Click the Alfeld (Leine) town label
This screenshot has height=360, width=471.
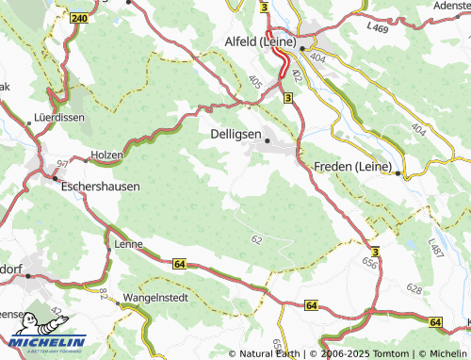259,42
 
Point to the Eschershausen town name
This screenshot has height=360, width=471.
100,187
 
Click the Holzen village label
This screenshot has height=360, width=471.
106,155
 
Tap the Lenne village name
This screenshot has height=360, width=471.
127,244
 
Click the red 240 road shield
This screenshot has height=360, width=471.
79,18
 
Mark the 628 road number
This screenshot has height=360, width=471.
414,286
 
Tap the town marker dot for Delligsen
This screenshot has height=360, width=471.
268,141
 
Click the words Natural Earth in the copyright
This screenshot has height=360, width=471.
270,353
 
